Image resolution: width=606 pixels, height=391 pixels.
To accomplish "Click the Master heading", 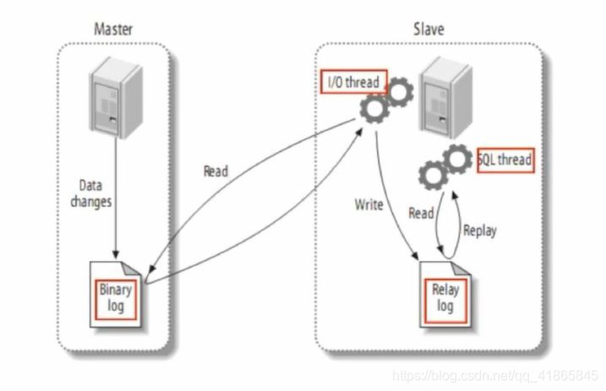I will pyautogui.click(x=113, y=30).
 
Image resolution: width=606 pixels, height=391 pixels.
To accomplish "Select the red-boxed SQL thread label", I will pyautogui.click(x=506, y=160).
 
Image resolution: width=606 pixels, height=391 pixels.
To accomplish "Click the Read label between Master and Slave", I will pyautogui.click(x=216, y=171).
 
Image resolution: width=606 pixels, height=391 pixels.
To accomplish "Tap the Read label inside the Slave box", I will pyautogui.click(x=421, y=214).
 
